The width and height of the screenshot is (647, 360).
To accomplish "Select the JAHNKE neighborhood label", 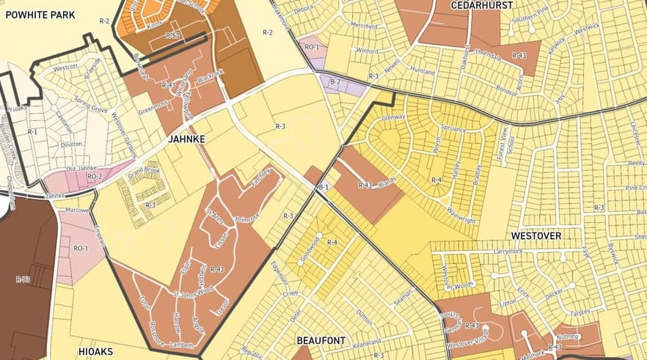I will [186, 138].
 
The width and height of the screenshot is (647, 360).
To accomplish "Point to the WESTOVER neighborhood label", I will [536, 236].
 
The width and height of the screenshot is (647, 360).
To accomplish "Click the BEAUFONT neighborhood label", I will [321, 341].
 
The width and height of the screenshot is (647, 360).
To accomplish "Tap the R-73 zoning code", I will [22, 279].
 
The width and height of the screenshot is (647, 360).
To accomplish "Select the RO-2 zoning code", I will [95, 177].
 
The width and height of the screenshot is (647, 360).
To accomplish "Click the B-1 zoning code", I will [323, 188].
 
